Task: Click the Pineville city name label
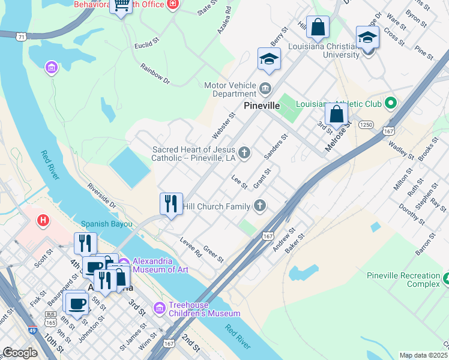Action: (x=262, y=106)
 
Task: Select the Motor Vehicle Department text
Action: (x=231, y=89)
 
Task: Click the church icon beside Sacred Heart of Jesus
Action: (x=244, y=153)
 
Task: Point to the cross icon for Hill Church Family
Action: (x=260, y=206)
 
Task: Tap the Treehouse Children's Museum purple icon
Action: (x=159, y=308)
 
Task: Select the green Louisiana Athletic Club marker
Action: (x=390, y=104)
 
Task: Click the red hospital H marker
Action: (x=43, y=221)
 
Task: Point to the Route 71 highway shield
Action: (x=22, y=37)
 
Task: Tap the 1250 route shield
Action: (x=366, y=124)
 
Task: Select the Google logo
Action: (x=20, y=353)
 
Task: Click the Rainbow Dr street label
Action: (x=155, y=74)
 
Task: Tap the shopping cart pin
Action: (x=121, y=6)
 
